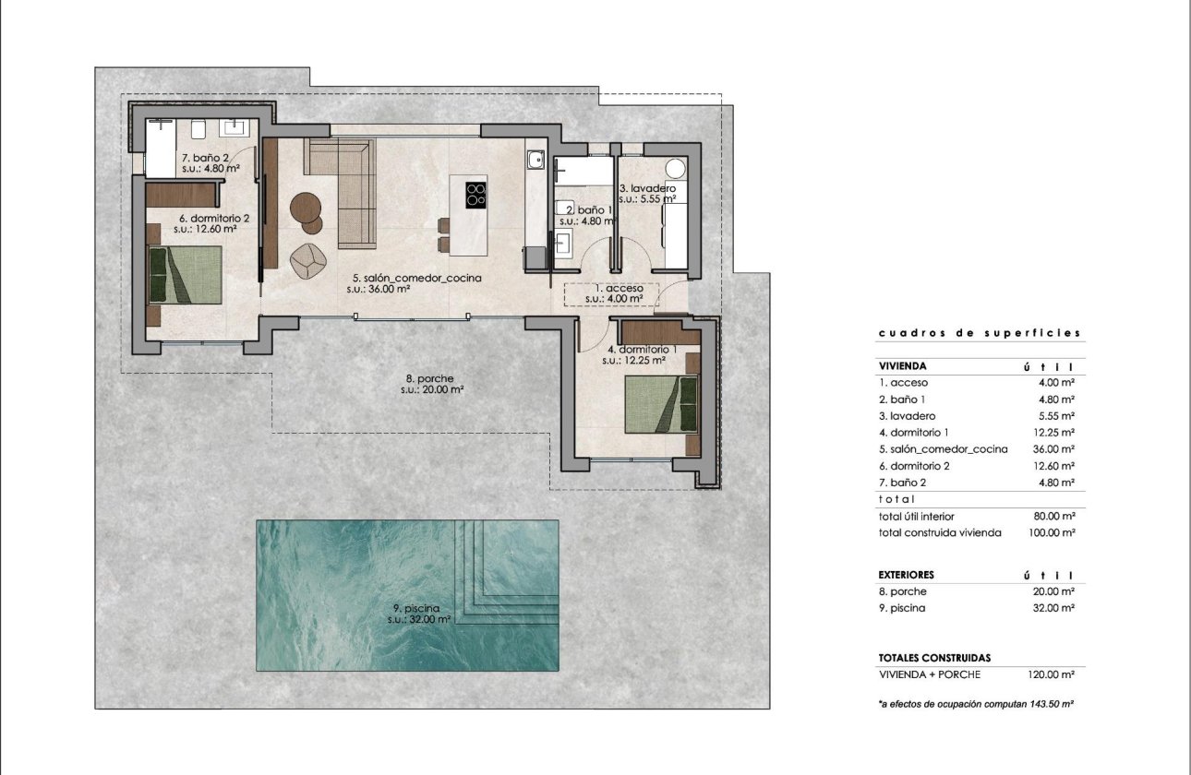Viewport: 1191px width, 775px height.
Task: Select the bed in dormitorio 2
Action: [186, 275]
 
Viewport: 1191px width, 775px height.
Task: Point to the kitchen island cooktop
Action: [476, 194]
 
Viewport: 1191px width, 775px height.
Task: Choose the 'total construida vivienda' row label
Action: [940, 532]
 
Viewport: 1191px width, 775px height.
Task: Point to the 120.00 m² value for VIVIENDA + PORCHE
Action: [1052, 674]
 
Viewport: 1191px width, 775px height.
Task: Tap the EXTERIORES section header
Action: [907, 575]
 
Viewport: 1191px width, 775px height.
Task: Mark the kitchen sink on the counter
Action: [535, 160]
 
